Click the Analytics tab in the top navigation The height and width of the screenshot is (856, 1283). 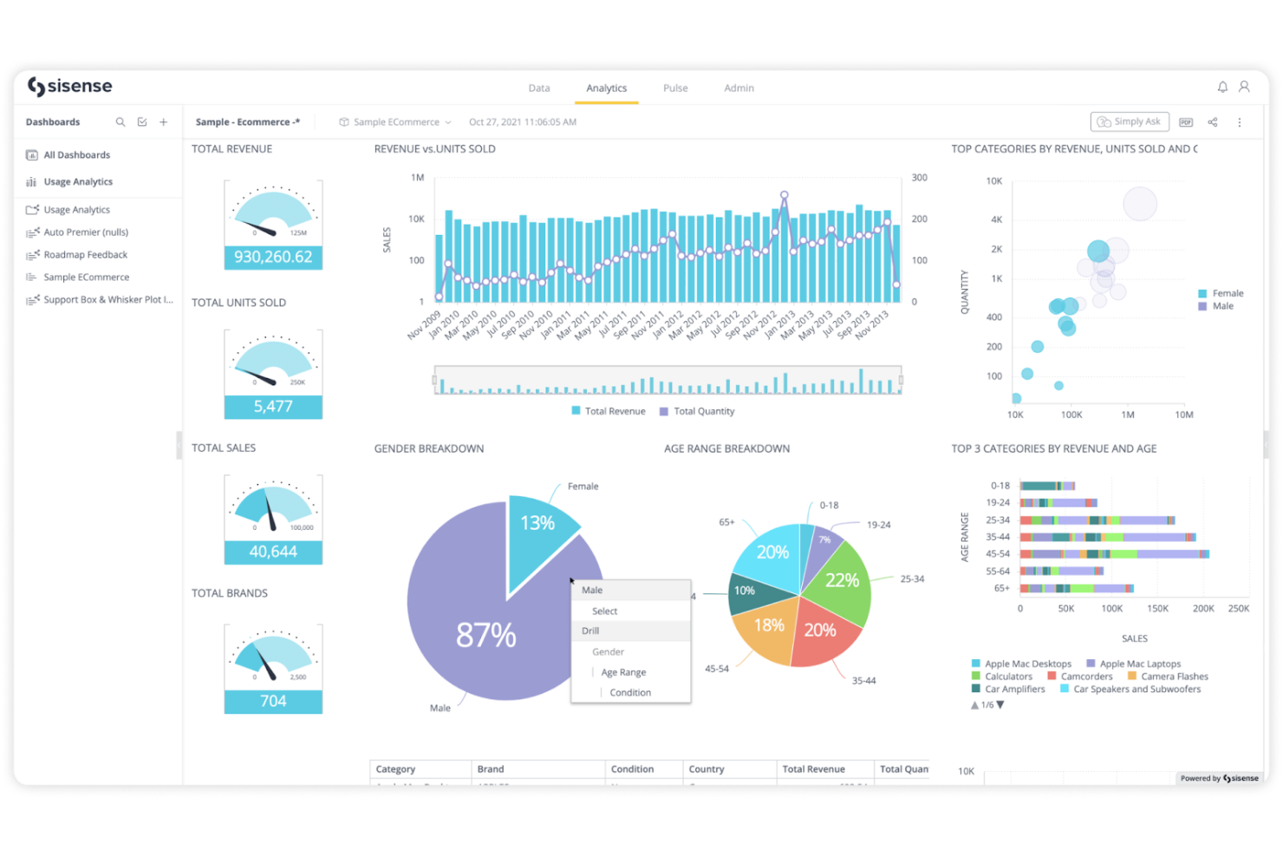pyautogui.click(x=606, y=88)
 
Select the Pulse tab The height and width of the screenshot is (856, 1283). pyautogui.click(x=675, y=88)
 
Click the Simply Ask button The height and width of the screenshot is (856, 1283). pyautogui.click(x=1129, y=122)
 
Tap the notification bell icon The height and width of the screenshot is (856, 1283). pyautogui.click(x=1222, y=88)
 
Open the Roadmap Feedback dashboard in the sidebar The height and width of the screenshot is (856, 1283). pyautogui.click(x=85, y=255)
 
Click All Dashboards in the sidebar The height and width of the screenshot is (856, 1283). pyautogui.click(x=76, y=155)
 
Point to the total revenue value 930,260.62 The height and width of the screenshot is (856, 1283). pyautogui.click(x=273, y=258)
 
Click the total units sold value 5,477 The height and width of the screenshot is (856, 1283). pyautogui.click(x=273, y=407)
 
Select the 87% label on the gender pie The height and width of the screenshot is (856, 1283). pyautogui.click(x=485, y=635)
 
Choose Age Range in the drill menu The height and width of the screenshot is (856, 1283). pyautogui.click(x=623, y=673)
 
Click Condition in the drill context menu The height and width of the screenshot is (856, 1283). pyautogui.click(x=629, y=693)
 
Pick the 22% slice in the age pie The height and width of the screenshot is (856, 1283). pyautogui.click(x=841, y=580)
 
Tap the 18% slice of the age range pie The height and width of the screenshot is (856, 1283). pyautogui.click(x=768, y=626)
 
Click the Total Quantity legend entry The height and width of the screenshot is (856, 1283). pyautogui.click(x=703, y=412)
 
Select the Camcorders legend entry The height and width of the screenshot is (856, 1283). pyautogui.click(x=1085, y=677)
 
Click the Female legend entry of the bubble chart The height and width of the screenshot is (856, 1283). pyautogui.click(x=1227, y=294)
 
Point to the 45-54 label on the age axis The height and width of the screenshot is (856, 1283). pyautogui.click(x=997, y=554)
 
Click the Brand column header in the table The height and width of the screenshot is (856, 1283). pyautogui.click(x=491, y=769)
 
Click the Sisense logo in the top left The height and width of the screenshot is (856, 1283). pyautogui.click(x=70, y=87)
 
